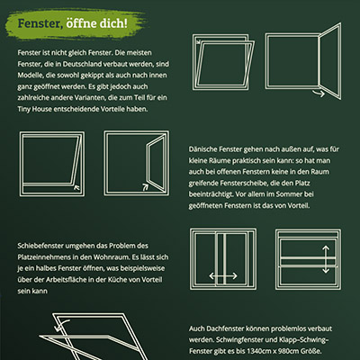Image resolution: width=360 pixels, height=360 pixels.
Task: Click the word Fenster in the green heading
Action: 40,23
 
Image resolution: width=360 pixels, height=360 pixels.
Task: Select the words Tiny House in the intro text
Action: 34,109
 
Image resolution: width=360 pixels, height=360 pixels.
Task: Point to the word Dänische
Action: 202,149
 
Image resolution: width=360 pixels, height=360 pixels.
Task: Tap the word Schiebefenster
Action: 40,246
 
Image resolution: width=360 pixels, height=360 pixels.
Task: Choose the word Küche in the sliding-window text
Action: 127,280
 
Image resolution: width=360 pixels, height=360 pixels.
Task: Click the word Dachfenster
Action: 226,328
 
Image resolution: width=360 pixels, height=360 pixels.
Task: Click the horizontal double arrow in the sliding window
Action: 223,276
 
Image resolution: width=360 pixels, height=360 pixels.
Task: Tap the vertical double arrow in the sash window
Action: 326,259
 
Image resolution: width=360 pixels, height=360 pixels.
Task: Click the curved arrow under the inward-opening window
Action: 319,94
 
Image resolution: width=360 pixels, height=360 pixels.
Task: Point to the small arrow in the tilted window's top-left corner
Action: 197,41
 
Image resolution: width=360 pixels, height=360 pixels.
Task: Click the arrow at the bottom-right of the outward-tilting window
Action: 76,188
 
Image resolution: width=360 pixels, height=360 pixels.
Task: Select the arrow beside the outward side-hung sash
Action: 145,187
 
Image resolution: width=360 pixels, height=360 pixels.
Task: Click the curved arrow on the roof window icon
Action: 62,325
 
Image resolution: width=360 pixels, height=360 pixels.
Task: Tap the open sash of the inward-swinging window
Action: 329,61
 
